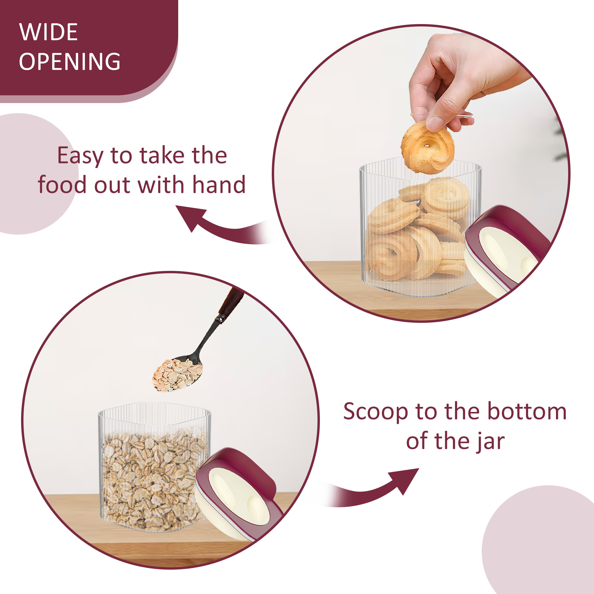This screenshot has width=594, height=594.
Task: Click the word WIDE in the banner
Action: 48,32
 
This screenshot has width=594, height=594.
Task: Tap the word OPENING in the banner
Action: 69,61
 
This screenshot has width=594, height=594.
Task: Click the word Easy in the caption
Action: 80,157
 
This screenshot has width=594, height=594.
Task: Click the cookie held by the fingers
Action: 428,147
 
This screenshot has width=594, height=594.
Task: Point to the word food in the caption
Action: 62,184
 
